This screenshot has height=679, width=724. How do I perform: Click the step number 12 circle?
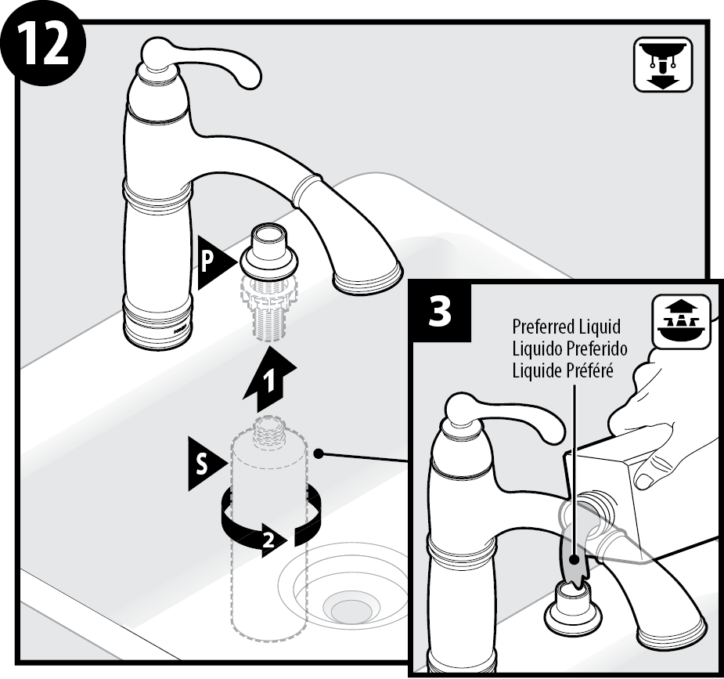(43, 44)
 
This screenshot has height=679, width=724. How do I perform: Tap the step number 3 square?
(441, 312)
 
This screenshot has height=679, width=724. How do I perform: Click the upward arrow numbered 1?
(270, 381)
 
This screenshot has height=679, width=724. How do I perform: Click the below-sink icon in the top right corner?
(663, 64)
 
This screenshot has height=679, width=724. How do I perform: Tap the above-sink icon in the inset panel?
(681, 321)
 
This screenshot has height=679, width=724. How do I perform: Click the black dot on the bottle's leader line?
(318, 453)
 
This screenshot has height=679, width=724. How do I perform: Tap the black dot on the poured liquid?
(575, 559)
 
